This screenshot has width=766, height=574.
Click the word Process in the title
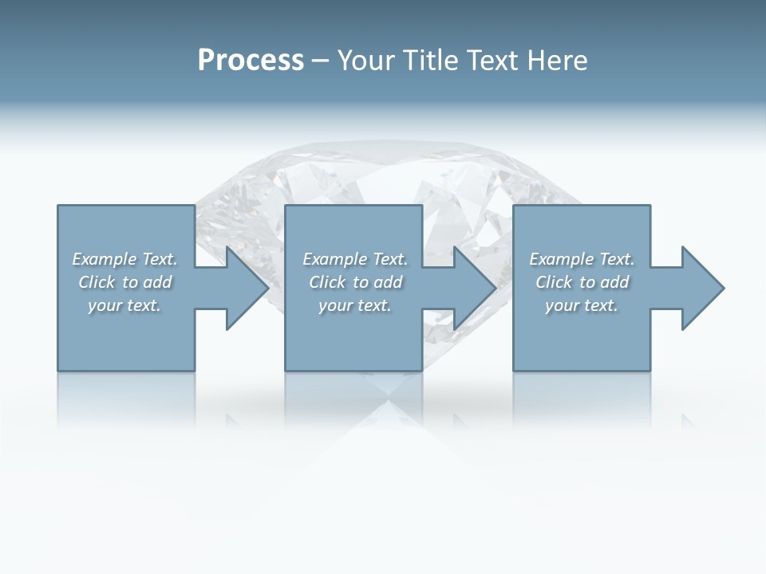251,61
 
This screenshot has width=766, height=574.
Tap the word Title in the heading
435,61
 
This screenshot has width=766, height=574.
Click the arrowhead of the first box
247,288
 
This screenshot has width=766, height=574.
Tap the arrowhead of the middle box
474,288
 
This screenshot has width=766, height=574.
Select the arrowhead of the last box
702,288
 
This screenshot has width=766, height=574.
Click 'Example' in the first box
105,259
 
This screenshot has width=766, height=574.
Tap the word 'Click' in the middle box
327,282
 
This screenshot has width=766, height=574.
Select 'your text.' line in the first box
124,305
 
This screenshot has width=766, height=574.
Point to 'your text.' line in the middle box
354,305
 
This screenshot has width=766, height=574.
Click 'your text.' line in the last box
582,305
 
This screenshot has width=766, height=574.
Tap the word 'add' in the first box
158,282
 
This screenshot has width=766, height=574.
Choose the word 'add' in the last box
615,282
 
